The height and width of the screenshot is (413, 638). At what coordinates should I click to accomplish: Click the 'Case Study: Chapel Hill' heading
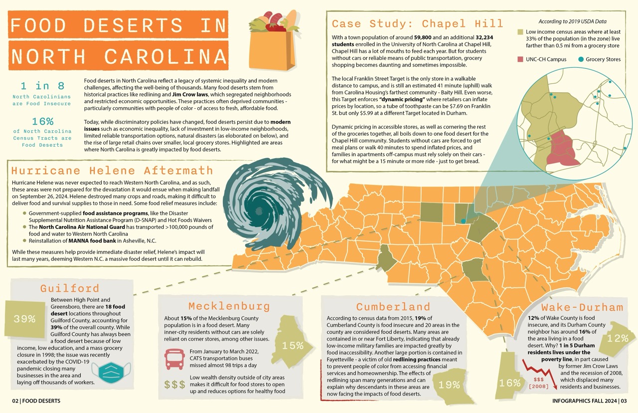tap(418, 24)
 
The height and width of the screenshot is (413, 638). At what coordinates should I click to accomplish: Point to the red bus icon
tap(174, 358)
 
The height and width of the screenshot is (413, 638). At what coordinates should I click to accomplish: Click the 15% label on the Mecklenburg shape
tap(293, 345)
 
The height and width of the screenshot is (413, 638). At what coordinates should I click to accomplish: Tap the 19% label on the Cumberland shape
tap(449, 385)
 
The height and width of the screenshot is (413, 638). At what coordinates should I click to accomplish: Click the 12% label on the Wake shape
tap(618, 338)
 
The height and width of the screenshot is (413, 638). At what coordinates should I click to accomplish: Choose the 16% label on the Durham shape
tap(509, 383)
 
